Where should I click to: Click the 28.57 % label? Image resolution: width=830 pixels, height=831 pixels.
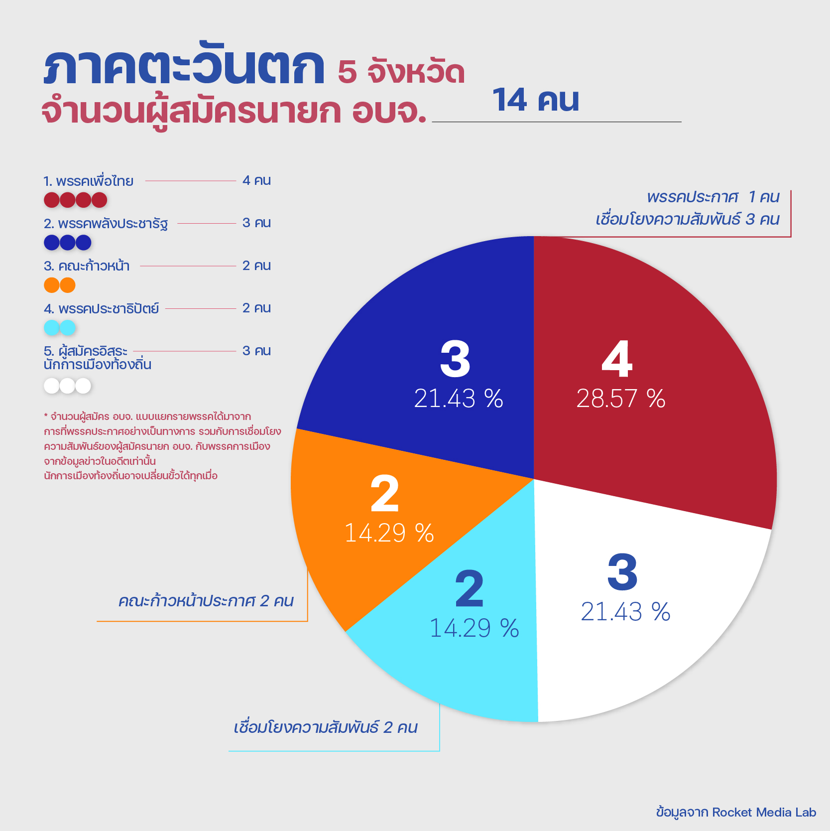pyautogui.click(x=621, y=399)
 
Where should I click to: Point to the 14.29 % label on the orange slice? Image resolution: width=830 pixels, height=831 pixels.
pyautogui.click(x=389, y=533)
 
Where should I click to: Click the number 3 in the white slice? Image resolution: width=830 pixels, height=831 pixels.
pyautogui.click(x=622, y=572)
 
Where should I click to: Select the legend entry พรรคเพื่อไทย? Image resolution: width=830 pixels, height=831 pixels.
pyautogui.click(x=89, y=181)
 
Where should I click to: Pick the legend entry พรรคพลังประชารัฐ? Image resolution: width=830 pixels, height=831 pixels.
pyautogui.click(x=106, y=224)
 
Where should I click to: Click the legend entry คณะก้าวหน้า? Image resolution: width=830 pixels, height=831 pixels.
pyautogui.click(x=87, y=266)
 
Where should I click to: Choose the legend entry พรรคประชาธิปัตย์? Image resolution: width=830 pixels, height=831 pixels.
pyautogui.click(x=102, y=309)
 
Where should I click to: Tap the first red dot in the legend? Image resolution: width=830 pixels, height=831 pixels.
pyautogui.click(x=52, y=200)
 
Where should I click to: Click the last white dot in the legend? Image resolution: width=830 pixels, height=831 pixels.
pyautogui.click(x=83, y=386)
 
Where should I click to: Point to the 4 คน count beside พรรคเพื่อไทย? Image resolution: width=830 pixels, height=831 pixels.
pyautogui.click(x=256, y=180)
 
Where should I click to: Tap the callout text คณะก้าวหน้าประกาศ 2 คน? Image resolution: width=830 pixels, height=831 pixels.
pyautogui.click(x=206, y=601)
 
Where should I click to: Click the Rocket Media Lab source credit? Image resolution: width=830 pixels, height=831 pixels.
pyautogui.click(x=736, y=813)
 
